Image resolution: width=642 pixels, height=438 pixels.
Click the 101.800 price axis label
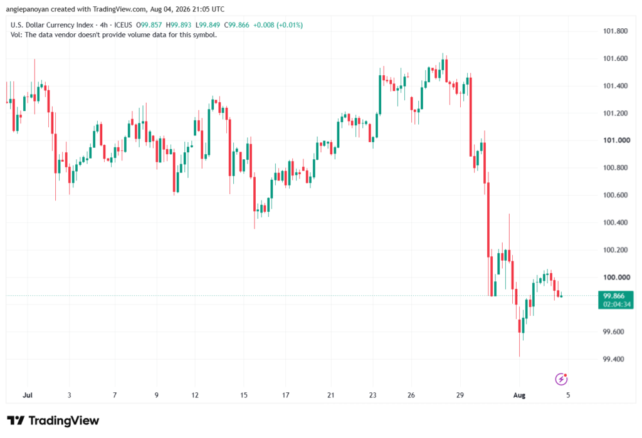pos(615,31)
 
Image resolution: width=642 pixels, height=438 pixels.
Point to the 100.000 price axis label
pos(616,277)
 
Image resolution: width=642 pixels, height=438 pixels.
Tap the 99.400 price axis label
pos(613,359)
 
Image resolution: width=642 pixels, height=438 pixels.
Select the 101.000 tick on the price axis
pos(616,140)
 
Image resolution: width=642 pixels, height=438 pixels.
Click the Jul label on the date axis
pos(28,395)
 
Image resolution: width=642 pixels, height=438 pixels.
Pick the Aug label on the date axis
pos(519,395)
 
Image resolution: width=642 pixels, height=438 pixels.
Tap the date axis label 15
pos(244,395)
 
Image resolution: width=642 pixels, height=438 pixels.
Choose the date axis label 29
pos(460,395)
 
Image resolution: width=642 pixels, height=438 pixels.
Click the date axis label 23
pos(372,395)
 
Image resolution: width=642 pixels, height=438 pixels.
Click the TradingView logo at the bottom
pos(53,420)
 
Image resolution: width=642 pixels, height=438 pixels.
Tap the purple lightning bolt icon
pos(561,379)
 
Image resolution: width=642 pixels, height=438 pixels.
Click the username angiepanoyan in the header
pos(27,9)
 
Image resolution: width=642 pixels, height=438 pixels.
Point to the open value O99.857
pos(149,25)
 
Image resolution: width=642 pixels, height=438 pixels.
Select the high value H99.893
pos(179,25)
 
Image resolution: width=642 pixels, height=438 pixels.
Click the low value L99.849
pos(208,25)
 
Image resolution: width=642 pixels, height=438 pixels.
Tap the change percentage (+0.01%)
pos(290,25)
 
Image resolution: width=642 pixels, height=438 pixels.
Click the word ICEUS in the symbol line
pos(124,25)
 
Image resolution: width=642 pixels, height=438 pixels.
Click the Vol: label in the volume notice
pos(16,35)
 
